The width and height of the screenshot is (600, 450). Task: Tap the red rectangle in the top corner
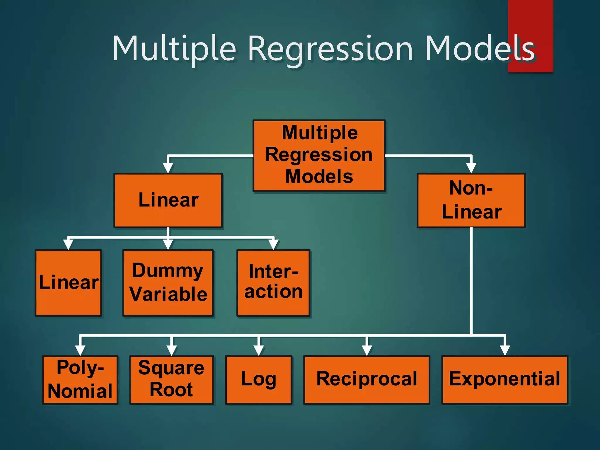(530, 18)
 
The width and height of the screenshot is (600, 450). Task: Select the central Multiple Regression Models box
(319, 155)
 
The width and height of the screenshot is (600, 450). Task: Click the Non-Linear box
(471, 200)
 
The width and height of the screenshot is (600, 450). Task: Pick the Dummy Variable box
(168, 283)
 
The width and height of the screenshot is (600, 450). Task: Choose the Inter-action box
(273, 283)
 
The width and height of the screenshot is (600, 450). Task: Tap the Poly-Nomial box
(80, 380)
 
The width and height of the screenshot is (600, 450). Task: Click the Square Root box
(172, 380)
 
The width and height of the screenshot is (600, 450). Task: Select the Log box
(259, 380)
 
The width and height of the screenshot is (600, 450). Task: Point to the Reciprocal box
(367, 380)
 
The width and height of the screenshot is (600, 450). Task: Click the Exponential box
(504, 380)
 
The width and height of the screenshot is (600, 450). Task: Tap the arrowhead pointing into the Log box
(259, 350)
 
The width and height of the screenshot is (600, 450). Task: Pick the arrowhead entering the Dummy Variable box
(168, 244)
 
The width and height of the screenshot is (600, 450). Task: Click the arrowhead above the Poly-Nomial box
(80, 350)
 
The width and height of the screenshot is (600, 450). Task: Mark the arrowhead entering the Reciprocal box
(367, 350)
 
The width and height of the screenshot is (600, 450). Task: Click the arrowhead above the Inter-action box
(273, 244)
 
